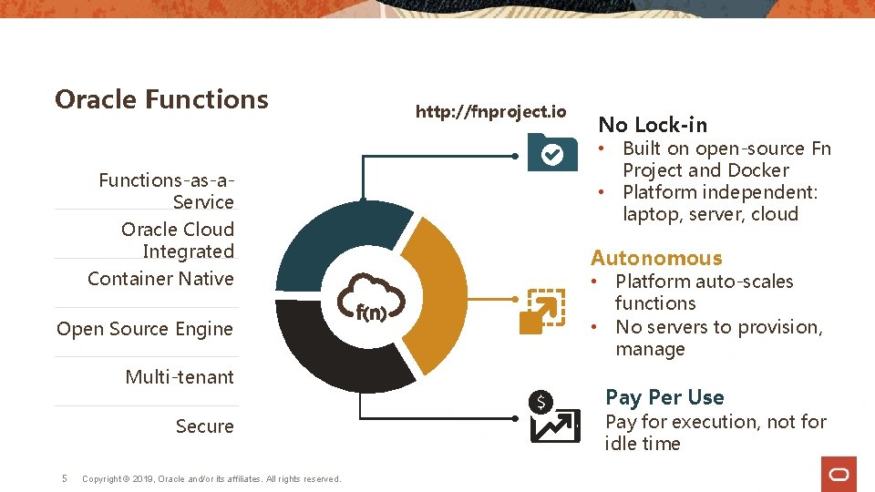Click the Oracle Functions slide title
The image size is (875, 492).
point(161,99)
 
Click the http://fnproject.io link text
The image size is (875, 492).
point(490,112)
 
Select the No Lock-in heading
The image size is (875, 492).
point(653,125)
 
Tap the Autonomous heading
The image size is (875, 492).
point(656,259)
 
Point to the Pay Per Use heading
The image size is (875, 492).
point(664,397)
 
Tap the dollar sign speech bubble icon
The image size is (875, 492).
point(541,401)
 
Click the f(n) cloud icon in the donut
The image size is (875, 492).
point(370,298)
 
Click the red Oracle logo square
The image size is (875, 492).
point(839,474)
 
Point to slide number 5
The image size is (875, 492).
point(63,478)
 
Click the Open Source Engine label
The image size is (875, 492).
point(145,329)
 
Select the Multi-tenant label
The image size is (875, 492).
point(180,377)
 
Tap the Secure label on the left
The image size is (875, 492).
point(204,426)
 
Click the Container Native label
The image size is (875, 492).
point(160,279)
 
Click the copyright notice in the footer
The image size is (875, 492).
point(211,479)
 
